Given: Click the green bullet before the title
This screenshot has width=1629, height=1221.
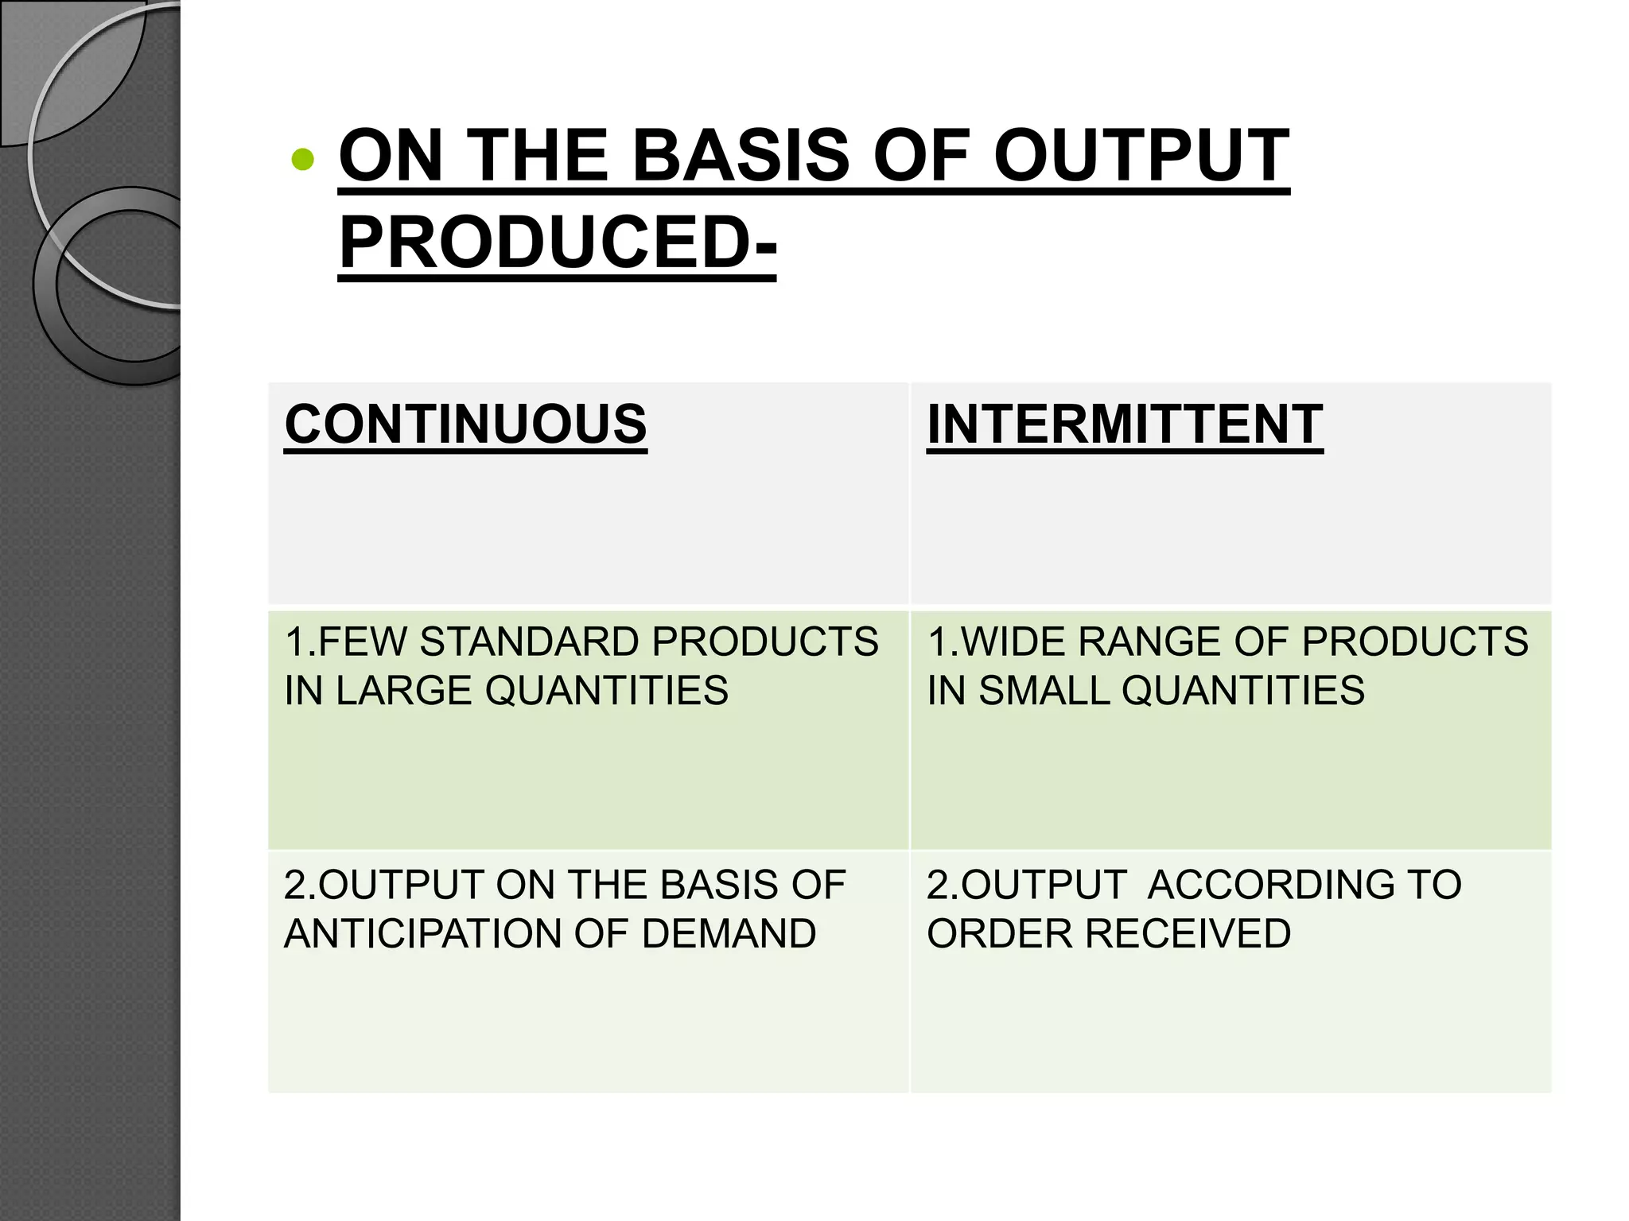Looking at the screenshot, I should pyautogui.click(x=303, y=160).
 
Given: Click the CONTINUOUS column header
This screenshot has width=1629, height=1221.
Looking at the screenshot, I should pyautogui.click(x=465, y=424).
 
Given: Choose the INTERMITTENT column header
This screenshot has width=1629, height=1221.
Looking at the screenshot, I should pyautogui.click(x=1125, y=424).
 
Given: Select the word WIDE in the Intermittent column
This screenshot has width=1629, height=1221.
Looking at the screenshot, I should pyautogui.click(x=1005, y=642).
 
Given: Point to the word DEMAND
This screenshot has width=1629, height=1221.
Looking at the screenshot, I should pyautogui.click(x=729, y=933).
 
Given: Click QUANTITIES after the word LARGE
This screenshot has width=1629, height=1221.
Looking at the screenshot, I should pyautogui.click(x=606, y=690).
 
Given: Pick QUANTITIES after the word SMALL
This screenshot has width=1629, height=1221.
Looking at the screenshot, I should pyautogui.click(x=1243, y=690).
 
